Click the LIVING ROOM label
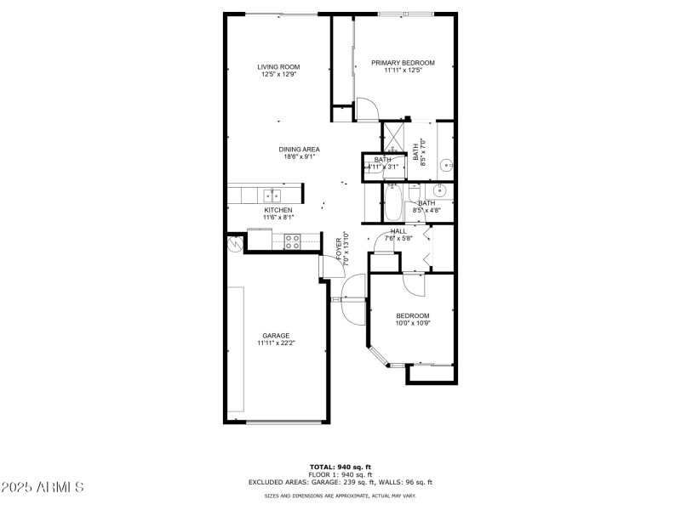coord(279,66)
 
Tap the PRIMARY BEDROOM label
coord(403,62)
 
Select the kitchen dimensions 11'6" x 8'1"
coord(278,218)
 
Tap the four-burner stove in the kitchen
coord(292,242)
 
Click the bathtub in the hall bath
coord(392,203)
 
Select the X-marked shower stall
coord(393,136)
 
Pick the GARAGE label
coord(277,336)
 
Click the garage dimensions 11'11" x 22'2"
coord(277,343)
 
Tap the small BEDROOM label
coord(413,315)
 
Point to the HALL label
coord(398,231)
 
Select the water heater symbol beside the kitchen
coord(235,244)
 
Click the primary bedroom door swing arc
coord(367,109)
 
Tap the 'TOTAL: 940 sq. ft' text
coord(340,467)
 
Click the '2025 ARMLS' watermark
coord(43,488)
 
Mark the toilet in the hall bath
coord(413,192)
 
